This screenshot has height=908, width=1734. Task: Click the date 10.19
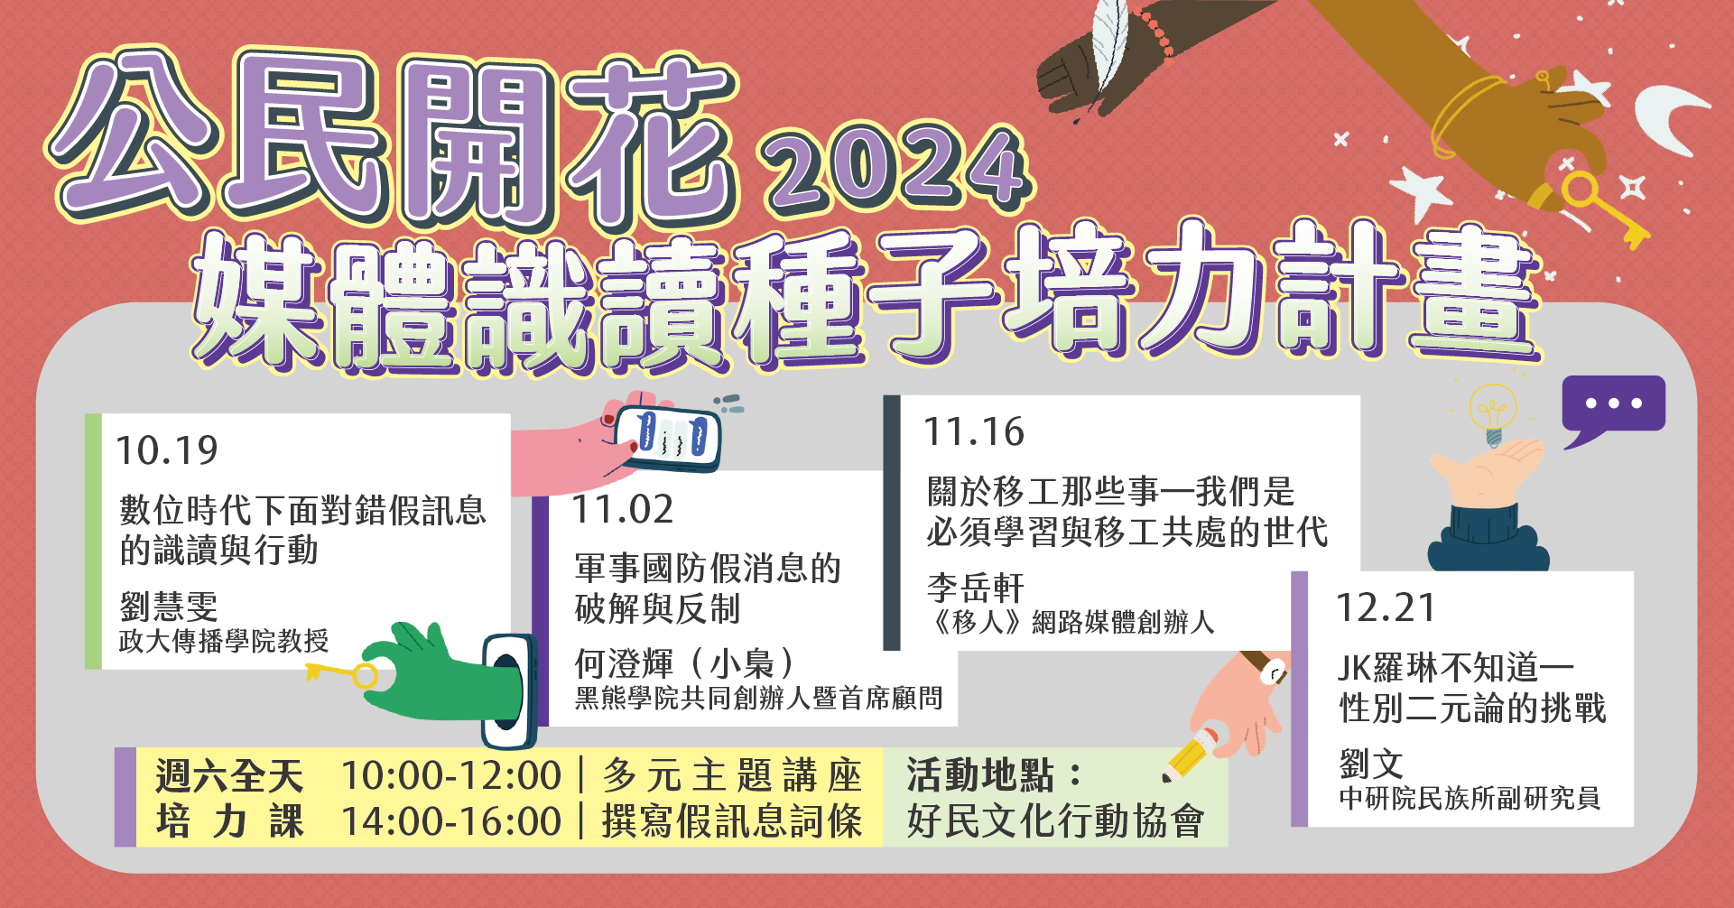(x=167, y=450)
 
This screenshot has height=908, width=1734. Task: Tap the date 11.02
(x=623, y=510)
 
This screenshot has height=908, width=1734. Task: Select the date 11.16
(x=974, y=432)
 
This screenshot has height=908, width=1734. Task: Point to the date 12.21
(x=1386, y=608)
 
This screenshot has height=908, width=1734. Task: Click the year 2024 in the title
(x=897, y=168)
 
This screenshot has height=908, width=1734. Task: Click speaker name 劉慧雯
(x=169, y=607)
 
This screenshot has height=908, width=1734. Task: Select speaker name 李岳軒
(x=976, y=588)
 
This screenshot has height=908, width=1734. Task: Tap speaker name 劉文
(x=1371, y=764)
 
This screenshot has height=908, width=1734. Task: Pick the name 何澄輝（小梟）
(x=686, y=663)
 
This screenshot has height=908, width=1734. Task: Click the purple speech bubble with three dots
(x=1613, y=408)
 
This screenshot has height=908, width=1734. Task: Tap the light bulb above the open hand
(x=1493, y=413)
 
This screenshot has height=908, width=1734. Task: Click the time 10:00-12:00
(x=451, y=775)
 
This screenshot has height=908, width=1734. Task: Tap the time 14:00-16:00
(x=451, y=822)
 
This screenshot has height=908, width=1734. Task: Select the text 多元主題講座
(x=733, y=775)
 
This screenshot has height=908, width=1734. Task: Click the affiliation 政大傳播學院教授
(x=224, y=641)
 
